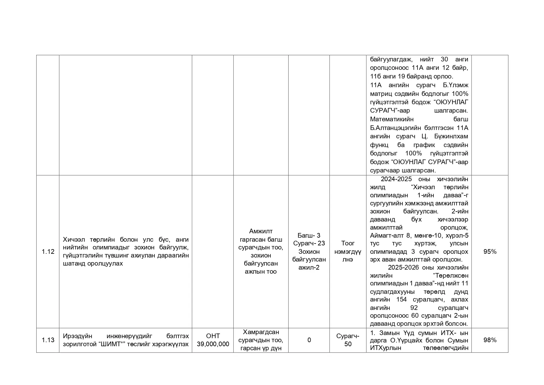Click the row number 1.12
48,252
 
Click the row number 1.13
48,340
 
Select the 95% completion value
490,252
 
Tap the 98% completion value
490,340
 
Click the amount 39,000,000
213,344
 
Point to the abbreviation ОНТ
213,336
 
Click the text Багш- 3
309,235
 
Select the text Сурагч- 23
309,244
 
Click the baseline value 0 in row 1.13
309,340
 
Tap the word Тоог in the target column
347,244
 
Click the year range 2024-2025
396,179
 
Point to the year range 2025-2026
403,268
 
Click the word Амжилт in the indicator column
261,231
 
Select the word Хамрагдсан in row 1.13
261,332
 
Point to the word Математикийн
391,119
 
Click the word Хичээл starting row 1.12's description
73,240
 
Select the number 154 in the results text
401,300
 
